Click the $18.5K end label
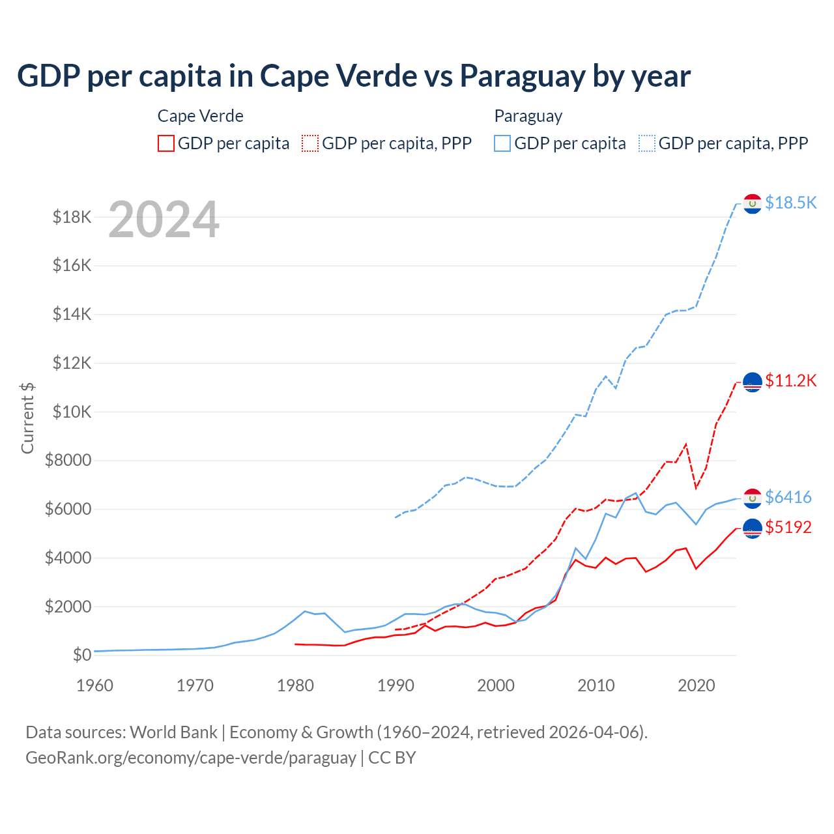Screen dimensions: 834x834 790,203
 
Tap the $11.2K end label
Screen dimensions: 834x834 790,381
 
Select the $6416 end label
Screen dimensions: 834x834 788,497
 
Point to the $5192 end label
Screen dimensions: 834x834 788,527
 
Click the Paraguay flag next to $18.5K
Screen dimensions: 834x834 753,204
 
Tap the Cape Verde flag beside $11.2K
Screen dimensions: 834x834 753,382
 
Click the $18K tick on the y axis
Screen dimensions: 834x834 72,217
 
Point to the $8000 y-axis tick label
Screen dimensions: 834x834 68,461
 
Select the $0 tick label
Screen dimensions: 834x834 81,655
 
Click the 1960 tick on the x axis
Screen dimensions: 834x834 95,685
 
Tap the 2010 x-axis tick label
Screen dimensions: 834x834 596,685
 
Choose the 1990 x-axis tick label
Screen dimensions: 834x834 395,685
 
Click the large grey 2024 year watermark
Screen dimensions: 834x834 164,220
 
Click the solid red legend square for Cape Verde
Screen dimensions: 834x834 166,143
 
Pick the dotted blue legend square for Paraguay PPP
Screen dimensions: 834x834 647,143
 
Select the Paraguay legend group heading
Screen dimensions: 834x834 528,116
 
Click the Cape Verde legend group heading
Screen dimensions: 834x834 201,116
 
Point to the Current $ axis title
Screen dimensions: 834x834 27,418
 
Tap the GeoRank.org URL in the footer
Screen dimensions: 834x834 190,758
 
